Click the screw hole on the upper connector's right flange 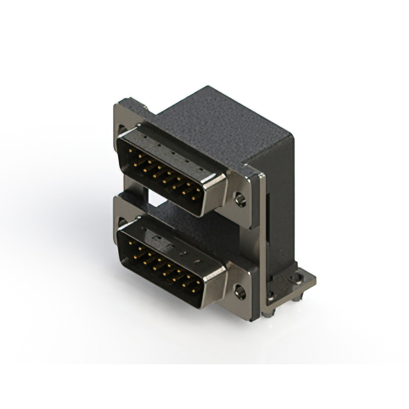click(x=240, y=199)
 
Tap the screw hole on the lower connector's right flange click(x=240, y=293)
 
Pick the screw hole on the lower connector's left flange click(x=122, y=223)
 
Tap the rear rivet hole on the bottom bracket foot click(x=297, y=279)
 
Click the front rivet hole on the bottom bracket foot click(x=271, y=296)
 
